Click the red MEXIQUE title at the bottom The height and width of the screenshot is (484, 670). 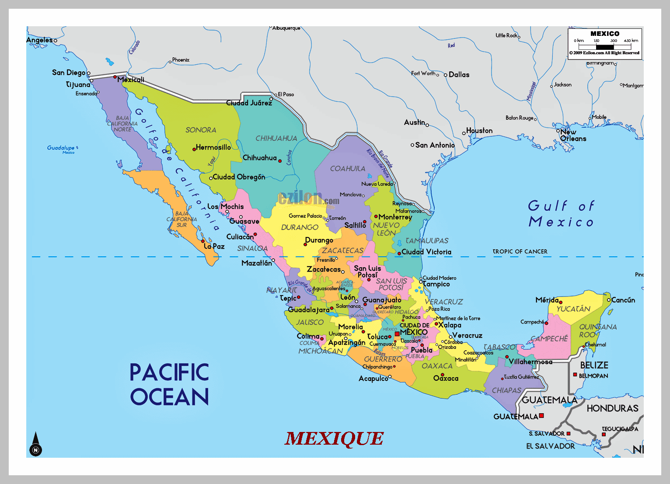click(x=334, y=439)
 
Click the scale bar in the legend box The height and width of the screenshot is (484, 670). click(x=605, y=46)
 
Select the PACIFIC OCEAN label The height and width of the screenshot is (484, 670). click(x=169, y=384)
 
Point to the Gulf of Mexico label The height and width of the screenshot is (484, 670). click(x=561, y=214)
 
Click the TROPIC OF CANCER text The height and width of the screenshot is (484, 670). click(x=520, y=251)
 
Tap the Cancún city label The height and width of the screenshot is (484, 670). click(x=623, y=300)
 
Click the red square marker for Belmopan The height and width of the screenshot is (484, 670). click(x=575, y=375)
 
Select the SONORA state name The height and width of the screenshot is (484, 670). click(x=201, y=130)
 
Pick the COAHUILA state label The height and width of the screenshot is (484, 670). click(x=348, y=168)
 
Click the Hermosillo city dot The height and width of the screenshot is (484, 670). click(x=194, y=150)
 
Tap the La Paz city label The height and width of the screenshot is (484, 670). click(x=214, y=247)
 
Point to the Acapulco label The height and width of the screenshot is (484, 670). click(x=373, y=378)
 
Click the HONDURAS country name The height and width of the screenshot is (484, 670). click(x=612, y=408)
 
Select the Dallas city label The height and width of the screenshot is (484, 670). click(x=459, y=75)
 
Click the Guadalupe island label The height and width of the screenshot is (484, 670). click(x=61, y=148)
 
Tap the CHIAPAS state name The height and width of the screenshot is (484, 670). click(x=506, y=390)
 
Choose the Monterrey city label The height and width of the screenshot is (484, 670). click(x=395, y=217)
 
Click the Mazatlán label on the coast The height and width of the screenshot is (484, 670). click(x=256, y=263)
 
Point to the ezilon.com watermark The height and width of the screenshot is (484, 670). click(x=308, y=199)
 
